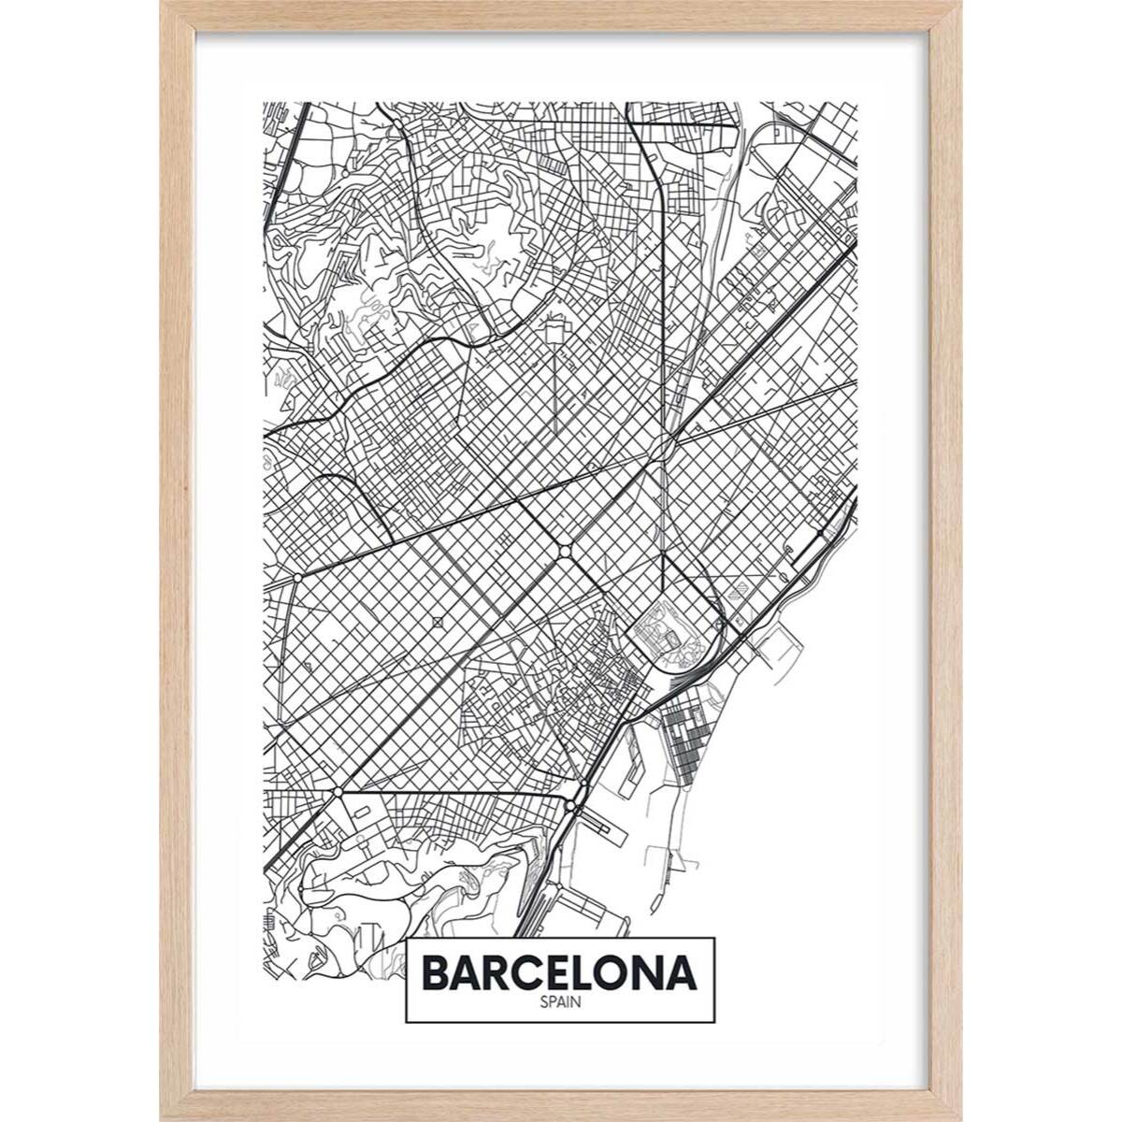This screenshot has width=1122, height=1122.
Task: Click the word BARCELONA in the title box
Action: click(x=561, y=972)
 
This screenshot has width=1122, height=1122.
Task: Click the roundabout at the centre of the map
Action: click(x=566, y=551)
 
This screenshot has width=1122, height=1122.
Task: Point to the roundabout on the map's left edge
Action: click(x=297, y=579)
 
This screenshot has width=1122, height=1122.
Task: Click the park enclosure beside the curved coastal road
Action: click(x=660, y=631)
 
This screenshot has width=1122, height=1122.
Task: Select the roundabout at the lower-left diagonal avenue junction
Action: click(x=338, y=795)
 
